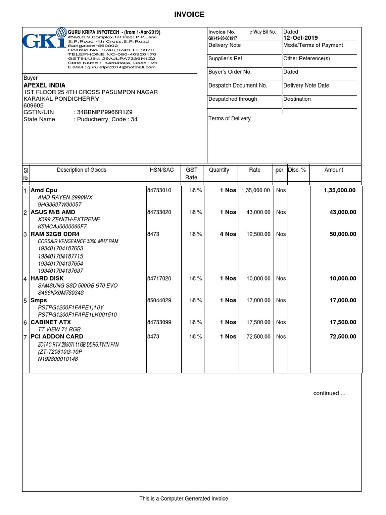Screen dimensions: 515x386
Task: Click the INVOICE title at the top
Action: click(x=189, y=15)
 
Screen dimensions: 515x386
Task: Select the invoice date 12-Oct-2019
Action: click(x=301, y=38)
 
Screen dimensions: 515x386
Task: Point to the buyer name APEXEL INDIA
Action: click(x=44, y=85)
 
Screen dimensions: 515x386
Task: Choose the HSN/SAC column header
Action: click(x=161, y=170)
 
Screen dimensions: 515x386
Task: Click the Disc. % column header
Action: click(x=297, y=170)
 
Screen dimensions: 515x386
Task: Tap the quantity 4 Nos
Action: click(x=228, y=234)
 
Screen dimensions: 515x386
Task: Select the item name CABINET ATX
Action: click(x=51, y=322)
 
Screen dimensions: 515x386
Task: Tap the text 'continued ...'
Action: click(x=329, y=393)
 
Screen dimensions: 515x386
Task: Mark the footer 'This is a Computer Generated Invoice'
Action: click(x=183, y=499)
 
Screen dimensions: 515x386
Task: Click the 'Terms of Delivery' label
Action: click(x=229, y=118)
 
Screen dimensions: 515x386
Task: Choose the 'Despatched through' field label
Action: click(x=232, y=99)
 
